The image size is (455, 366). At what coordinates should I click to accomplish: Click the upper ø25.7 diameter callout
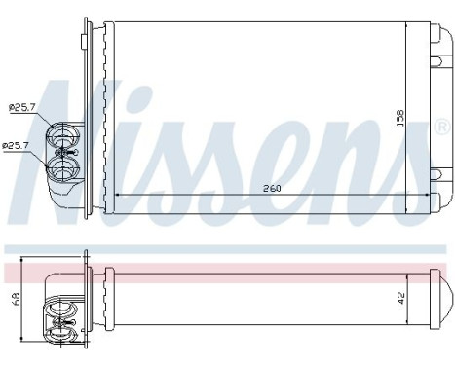[x=20, y=106]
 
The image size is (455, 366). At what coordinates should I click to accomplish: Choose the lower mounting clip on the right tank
[x=436, y=175]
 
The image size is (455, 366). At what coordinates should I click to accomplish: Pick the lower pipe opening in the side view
[x=63, y=328]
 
